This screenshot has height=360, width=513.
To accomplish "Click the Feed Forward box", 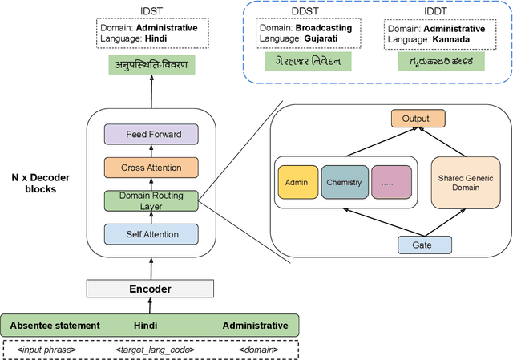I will (x=151, y=135).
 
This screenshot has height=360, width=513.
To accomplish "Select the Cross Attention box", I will (x=151, y=168).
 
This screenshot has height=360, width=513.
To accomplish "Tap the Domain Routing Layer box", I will (x=151, y=200).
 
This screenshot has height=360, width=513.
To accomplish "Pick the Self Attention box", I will (x=151, y=233).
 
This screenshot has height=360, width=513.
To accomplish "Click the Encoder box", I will (x=151, y=289).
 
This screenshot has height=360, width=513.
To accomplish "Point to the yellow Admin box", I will (x=296, y=182).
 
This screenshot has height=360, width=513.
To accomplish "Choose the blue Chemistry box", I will (x=343, y=182).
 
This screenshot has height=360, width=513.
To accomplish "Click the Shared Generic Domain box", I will (x=460, y=182).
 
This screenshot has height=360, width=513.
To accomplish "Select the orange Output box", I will (x=415, y=119).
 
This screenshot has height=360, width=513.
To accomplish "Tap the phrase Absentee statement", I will (x=55, y=326).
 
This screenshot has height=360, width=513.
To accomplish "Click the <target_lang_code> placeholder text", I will (x=151, y=349).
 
